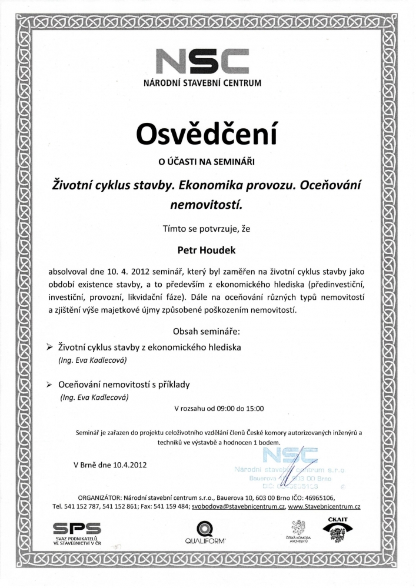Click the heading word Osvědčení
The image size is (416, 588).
[x=207, y=133]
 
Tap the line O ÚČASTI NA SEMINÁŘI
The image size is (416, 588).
[x=207, y=159]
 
